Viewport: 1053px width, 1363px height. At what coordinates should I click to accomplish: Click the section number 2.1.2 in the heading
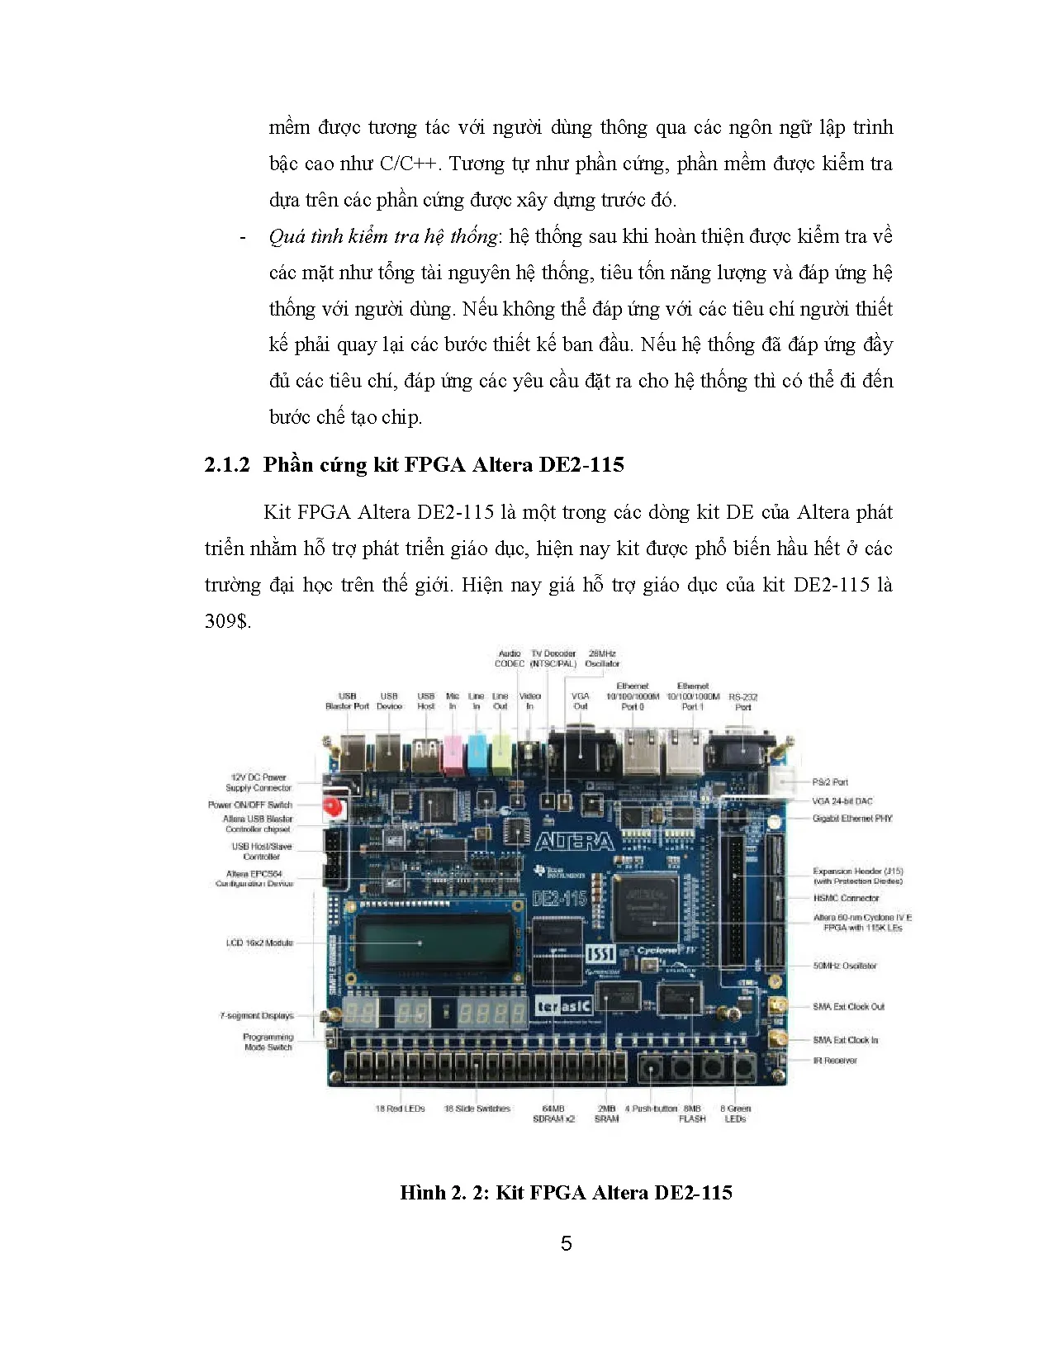(x=226, y=465)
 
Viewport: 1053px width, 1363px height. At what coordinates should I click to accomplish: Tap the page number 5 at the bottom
(x=566, y=1243)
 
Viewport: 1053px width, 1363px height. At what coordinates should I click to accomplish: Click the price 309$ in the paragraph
(x=227, y=621)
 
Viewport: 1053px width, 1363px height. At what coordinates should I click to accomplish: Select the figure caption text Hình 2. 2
(x=444, y=1193)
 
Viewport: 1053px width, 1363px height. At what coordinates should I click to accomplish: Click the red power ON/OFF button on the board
(x=333, y=807)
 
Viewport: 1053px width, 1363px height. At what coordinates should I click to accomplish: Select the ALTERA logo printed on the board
(x=575, y=842)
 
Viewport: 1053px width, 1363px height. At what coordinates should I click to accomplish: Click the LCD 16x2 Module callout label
(x=259, y=943)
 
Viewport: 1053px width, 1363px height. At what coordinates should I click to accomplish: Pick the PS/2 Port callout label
(x=830, y=781)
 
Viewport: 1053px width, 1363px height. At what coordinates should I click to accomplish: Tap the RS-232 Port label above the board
(x=743, y=702)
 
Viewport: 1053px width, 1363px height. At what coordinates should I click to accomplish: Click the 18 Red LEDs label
(x=400, y=1109)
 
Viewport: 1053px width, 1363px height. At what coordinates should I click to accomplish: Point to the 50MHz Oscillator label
(x=845, y=966)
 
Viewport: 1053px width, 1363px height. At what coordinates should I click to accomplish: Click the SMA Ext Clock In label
(x=846, y=1040)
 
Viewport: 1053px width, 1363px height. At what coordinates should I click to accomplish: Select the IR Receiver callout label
(x=835, y=1061)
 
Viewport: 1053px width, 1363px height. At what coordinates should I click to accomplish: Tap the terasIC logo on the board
(x=564, y=1005)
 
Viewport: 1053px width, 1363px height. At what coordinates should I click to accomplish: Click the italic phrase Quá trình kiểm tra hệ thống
(x=383, y=237)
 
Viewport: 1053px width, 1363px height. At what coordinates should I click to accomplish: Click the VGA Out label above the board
(x=581, y=701)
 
